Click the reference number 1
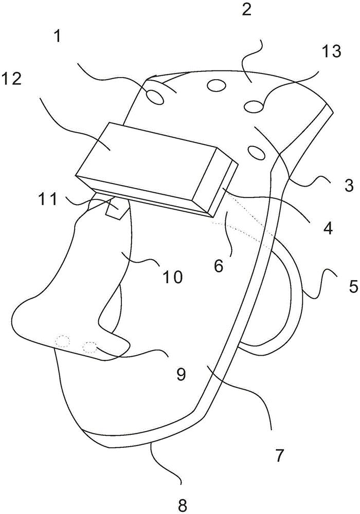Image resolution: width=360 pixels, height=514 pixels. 58,36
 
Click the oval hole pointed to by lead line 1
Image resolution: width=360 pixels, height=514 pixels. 155,97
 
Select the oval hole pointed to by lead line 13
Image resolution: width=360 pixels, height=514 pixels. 254,106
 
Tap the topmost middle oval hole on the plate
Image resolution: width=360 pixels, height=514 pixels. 217,85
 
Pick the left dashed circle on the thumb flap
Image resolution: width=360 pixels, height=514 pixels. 62,341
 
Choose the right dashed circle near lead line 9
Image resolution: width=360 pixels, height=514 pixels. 90,347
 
